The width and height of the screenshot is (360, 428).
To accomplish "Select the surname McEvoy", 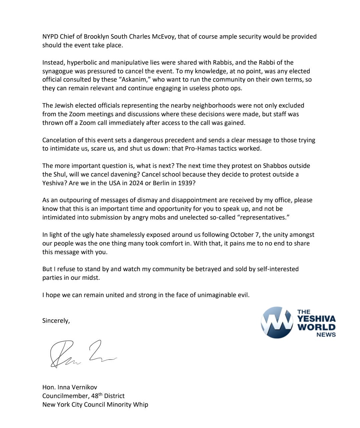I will coord(163,37).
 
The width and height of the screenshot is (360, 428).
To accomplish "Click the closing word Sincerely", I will coord(56,321).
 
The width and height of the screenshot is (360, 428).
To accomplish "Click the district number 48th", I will coord(99,396).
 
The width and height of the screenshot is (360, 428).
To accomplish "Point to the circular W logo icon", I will coord(276,322).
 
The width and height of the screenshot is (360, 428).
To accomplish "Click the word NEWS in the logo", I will coord(326,335).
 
